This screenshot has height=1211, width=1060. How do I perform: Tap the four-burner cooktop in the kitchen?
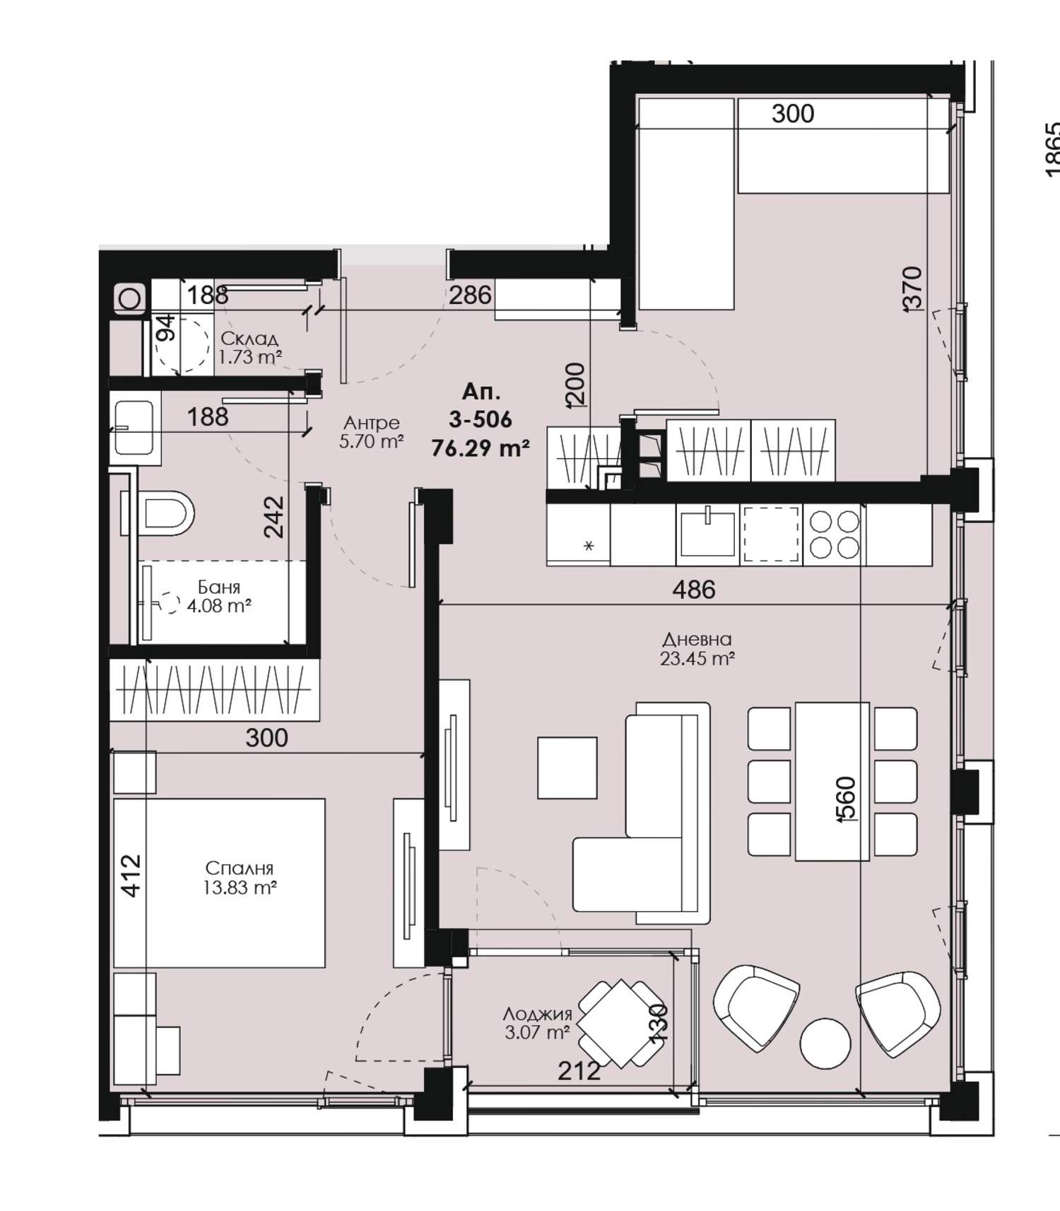(835, 534)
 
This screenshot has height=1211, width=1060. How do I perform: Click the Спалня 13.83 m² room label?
(240, 877)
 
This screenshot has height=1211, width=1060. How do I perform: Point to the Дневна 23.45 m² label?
(697, 649)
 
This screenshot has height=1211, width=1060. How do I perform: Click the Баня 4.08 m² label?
(219, 596)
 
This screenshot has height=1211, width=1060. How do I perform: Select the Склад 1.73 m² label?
(249, 348)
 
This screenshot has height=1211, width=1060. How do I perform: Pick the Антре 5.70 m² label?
(372, 432)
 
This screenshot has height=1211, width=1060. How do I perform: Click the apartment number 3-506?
(481, 419)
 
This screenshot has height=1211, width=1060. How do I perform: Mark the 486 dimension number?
(694, 589)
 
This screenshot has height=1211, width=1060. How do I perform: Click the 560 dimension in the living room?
(847, 799)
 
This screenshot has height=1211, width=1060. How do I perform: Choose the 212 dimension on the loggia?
(579, 1071)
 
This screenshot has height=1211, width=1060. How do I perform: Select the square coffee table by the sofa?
(567, 767)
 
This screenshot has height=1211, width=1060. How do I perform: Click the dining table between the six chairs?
(832, 781)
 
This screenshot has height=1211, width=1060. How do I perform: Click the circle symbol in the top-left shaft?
(129, 298)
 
